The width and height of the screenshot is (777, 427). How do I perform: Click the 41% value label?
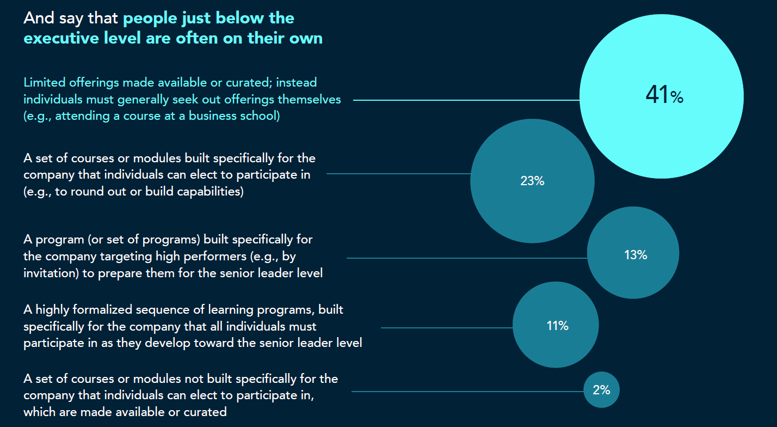pos(664,96)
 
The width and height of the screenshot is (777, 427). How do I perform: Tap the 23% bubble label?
pos(532,181)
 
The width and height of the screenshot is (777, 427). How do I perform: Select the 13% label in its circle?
pos(635,254)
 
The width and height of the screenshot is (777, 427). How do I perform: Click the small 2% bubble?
pos(601,390)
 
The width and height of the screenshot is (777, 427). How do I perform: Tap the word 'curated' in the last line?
pos(205,412)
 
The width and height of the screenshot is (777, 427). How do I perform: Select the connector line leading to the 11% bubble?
pos(446,328)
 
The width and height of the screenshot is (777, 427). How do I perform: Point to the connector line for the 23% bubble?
pos(398,174)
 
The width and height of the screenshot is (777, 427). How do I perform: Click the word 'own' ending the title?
pos(306,39)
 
